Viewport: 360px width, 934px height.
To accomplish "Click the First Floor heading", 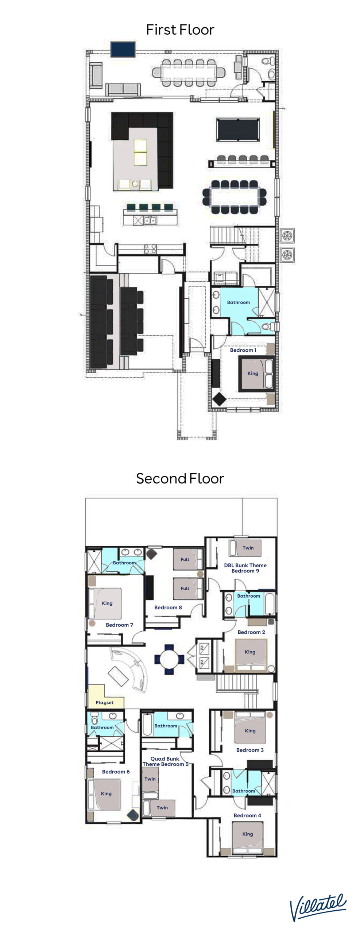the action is click(x=180, y=30).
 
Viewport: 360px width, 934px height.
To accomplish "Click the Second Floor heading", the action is click(x=180, y=478).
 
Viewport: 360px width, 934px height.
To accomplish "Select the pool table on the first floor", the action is click(x=238, y=129).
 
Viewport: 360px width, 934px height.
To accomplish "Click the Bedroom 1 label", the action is click(x=243, y=350).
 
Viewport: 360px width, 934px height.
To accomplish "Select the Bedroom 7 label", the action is click(x=119, y=625).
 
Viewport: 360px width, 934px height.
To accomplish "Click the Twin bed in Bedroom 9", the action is click(x=245, y=548).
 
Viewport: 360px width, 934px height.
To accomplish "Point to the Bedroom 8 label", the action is click(x=168, y=607).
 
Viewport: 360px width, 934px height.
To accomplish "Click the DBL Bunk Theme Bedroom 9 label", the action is click(x=245, y=568).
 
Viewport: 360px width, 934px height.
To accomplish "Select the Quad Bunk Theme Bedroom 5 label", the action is click(x=165, y=761).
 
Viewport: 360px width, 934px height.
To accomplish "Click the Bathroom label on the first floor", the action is click(x=238, y=302).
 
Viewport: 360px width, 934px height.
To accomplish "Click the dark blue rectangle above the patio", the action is click(x=123, y=49).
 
